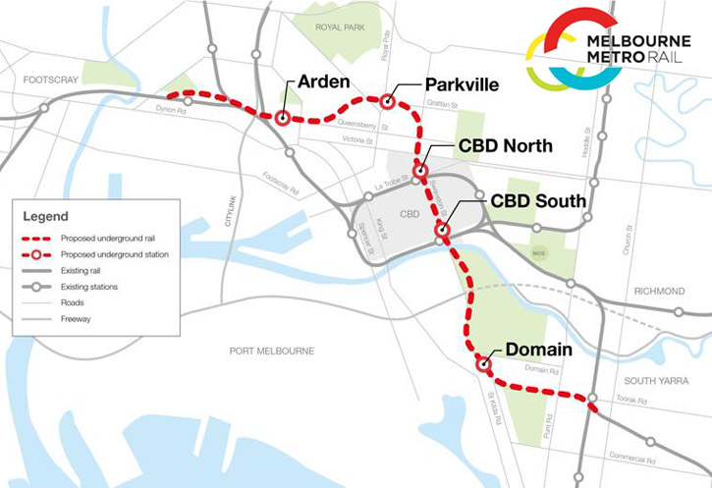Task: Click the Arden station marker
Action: click(x=282, y=119)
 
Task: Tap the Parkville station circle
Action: click(x=388, y=101)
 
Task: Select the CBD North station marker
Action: click(x=420, y=172)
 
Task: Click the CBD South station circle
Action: click(x=442, y=232)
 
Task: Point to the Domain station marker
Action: click(x=483, y=364)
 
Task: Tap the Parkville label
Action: click(x=463, y=85)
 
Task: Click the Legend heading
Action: click(x=47, y=214)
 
